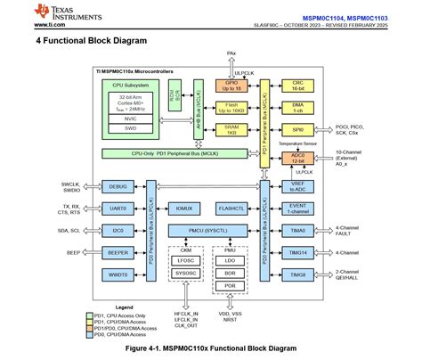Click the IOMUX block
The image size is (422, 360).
coord(184,208)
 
